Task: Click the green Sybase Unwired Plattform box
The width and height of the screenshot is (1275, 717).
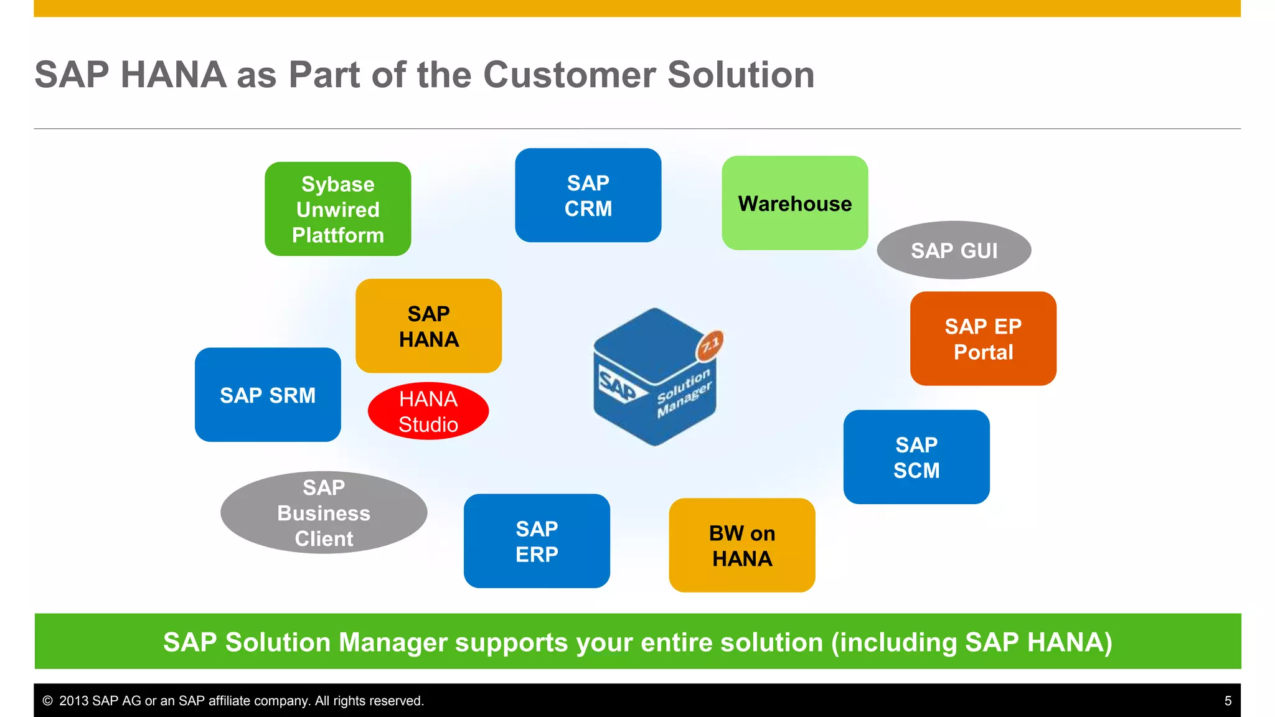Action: coord(337,209)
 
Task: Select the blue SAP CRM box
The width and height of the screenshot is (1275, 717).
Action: coord(588,195)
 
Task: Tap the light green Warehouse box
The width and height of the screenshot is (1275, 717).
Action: coord(794,204)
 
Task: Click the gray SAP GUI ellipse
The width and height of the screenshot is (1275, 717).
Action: coord(954,250)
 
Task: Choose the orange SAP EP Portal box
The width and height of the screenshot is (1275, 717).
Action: coord(982,339)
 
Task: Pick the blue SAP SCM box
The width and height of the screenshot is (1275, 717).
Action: coord(916,457)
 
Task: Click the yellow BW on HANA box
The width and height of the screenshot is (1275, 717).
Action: coord(741,545)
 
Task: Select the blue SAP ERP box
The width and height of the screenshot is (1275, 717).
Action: coord(537,541)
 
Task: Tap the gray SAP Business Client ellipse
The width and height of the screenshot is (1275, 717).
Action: coord(324,512)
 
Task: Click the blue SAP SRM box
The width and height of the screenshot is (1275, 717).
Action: coord(268,395)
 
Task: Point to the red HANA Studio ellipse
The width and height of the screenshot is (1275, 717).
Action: coord(428,411)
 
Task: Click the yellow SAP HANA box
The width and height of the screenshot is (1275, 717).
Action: coord(428,326)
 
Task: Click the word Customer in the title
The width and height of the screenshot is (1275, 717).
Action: coord(569,75)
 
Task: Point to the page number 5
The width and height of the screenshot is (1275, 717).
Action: coord(1228,701)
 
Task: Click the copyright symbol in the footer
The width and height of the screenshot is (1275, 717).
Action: coord(47,701)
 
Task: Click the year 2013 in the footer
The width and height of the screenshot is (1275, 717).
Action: coord(73,701)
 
